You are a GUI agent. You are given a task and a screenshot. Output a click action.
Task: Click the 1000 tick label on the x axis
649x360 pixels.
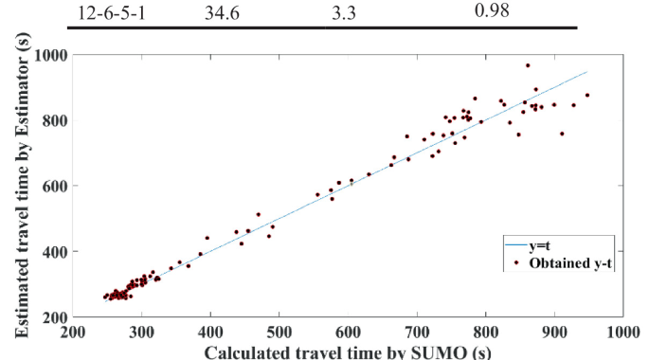tap(621, 332)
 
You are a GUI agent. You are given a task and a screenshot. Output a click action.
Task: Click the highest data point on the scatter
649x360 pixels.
tap(528, 65)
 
